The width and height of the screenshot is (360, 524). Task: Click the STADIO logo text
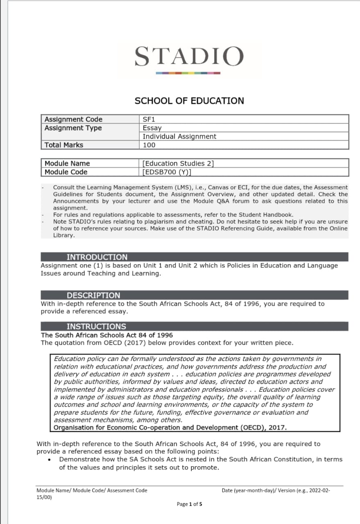click(189, 56)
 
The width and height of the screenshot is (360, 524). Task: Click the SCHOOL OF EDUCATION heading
click(189, 101)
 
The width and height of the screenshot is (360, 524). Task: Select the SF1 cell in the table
click(149, 120)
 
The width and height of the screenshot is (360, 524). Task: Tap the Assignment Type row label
click(73, 128)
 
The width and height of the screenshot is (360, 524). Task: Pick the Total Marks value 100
click(149, 145)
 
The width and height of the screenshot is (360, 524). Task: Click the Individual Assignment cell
click(179, 136)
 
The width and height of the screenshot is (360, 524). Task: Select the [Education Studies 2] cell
click(178, 163)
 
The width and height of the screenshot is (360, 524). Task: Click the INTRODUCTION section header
click(97, 257)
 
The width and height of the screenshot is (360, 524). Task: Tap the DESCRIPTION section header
click(93, 295)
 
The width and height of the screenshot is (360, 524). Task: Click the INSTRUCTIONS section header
click(96, 326)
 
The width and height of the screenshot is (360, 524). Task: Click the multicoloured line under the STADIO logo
click(189, 73)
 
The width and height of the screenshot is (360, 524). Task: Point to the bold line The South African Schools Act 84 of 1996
click(107, 335)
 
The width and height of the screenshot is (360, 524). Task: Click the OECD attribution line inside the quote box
click(170, 428)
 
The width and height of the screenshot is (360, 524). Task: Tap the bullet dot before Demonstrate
click(49, 460)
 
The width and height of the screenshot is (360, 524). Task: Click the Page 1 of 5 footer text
click(189, 504)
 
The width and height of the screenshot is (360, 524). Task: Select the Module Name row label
click(67, 163)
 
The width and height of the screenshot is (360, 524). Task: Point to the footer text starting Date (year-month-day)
click(276, 490)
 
